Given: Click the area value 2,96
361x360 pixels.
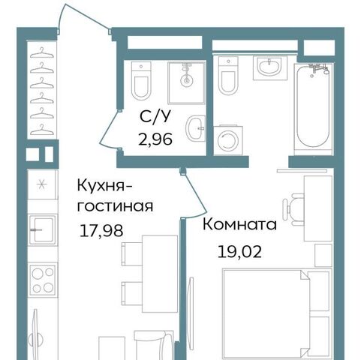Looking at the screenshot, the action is coord(155,139).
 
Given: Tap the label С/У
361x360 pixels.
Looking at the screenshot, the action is coord(155,116).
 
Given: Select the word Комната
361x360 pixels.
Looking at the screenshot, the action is coord(239,224).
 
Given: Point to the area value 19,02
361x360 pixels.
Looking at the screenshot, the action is coord(239,251).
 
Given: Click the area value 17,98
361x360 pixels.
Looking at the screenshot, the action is coord(101,230).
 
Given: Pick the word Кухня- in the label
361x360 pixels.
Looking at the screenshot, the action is coord(104,186).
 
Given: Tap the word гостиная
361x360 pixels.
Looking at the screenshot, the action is coord(115,207).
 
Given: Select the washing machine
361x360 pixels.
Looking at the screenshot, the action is coord(228,140).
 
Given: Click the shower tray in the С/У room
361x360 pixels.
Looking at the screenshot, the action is coord(187,82).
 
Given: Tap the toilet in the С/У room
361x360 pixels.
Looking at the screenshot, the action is coord(141,81).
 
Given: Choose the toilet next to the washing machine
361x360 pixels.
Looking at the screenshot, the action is coord(228,76).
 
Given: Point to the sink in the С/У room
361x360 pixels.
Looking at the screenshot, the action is coord(196,128).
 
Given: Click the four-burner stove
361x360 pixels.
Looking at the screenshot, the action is coord(43,280).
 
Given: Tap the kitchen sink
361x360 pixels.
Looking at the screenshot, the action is coord(42,229).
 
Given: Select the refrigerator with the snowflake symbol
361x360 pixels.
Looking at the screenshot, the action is coord(42,184).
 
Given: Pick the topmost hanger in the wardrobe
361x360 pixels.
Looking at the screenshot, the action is coord(42,53).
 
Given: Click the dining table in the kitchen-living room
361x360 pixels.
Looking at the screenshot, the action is coord(160,274).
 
